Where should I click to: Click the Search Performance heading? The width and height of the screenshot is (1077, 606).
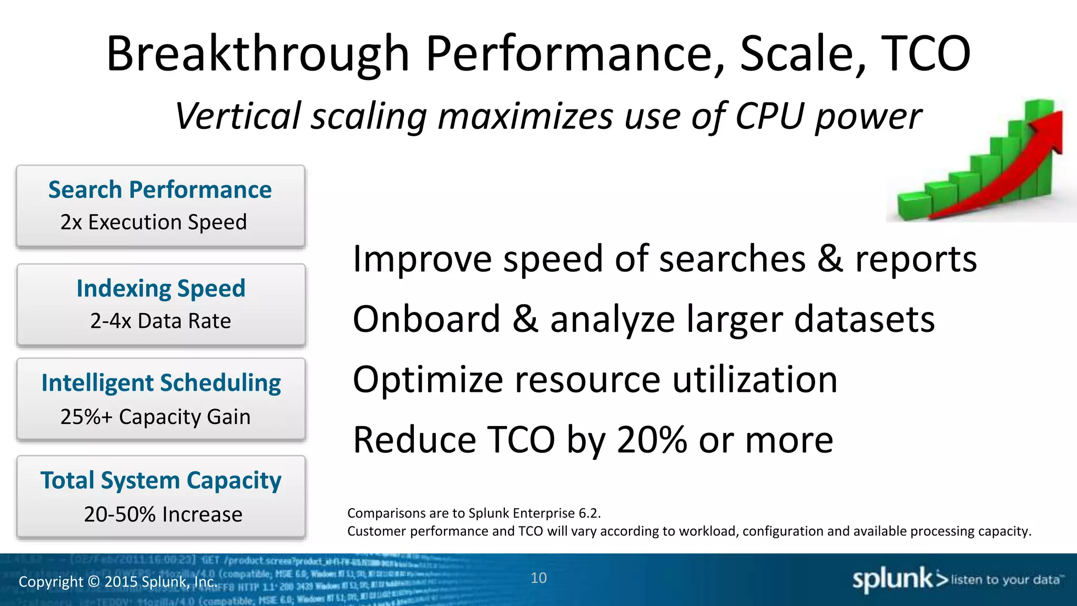[160, 189]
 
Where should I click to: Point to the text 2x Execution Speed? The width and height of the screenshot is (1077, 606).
[154, 223]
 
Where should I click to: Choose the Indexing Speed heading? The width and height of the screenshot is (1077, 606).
[161, 288]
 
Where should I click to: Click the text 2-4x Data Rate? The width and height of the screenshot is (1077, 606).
[160, 321]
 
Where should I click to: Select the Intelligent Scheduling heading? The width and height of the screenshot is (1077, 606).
[161, 383]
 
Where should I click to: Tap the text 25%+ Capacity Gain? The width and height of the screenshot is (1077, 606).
[155, 417]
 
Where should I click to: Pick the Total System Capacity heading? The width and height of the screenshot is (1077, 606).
[161, 480]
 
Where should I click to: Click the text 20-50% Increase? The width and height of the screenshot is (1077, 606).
[163, 514]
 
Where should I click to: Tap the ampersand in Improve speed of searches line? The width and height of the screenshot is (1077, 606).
[830, 259]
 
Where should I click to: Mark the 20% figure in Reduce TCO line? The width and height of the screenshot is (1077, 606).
[652, 440]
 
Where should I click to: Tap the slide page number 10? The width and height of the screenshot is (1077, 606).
[538, 578]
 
